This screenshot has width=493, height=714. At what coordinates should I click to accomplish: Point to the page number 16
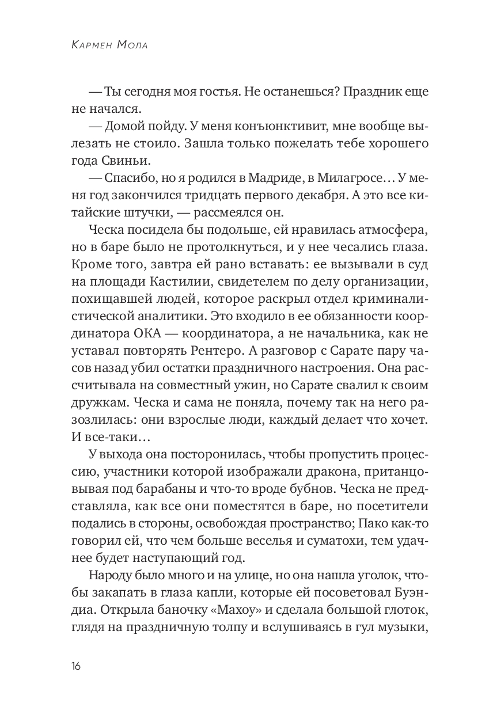(76, 666)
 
